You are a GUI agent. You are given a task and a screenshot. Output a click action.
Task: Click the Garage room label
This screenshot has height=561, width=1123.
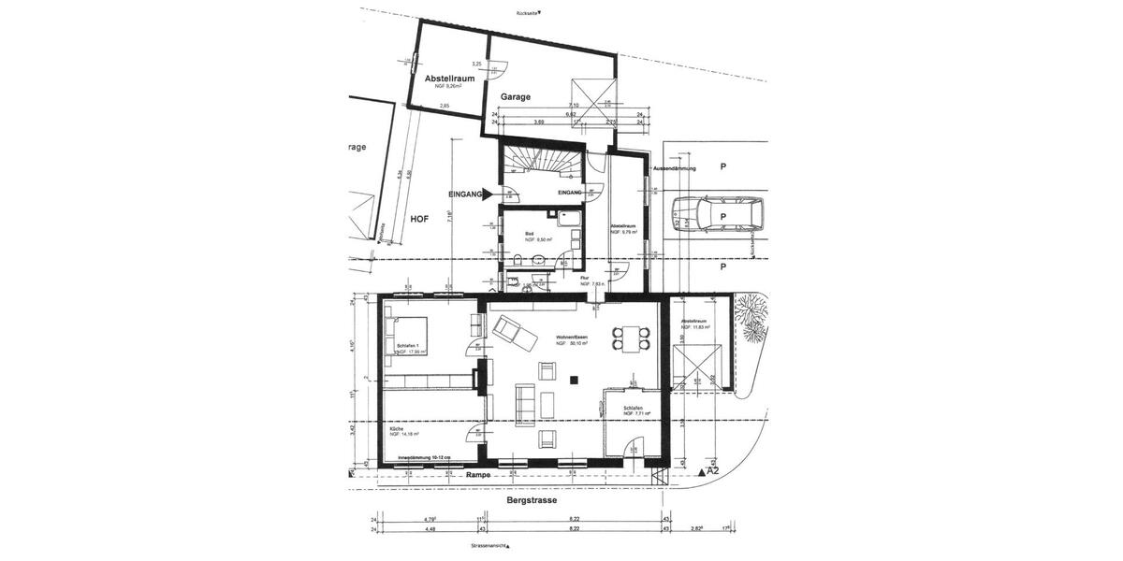coord(515,96)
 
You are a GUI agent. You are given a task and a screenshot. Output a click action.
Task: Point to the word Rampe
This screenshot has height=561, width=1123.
coord(478,475)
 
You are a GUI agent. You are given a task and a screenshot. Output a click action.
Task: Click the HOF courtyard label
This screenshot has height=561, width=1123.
coord(420,218)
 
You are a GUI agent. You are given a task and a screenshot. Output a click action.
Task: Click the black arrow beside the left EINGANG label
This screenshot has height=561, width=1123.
coord(488,194)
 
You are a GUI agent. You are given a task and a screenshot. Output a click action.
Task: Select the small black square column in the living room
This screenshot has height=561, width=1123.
coord(576,379)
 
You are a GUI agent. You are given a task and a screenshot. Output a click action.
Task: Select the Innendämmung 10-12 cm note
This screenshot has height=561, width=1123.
coord(424,457)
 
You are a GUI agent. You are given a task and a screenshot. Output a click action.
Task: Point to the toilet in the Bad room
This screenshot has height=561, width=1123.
coord(518,258)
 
